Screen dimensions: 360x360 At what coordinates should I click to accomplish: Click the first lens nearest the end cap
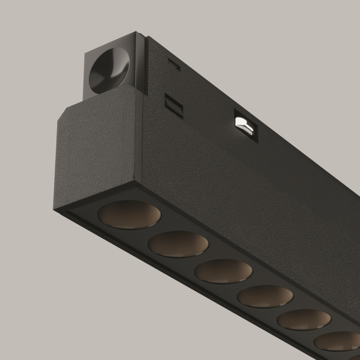tap(125, 214)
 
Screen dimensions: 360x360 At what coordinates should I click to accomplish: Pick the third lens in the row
tap(223, 271)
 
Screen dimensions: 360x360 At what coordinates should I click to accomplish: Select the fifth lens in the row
tap(303, 319)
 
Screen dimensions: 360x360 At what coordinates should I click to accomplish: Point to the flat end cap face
tap(98, 149)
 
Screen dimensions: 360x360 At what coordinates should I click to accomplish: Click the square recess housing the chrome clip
tap(245, 124)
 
